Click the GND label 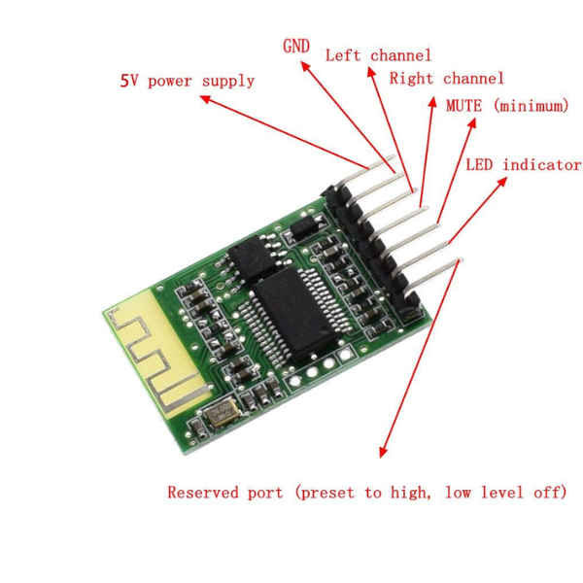[x=296, y=46]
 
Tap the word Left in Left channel [x=343, y=55]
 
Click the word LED [x=481, y=165]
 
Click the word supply [x=228, y=81]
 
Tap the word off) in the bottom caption [x=549, y=493]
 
